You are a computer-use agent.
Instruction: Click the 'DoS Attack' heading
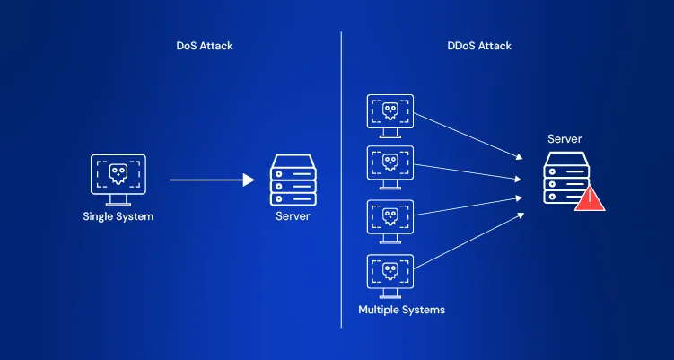[206, 46]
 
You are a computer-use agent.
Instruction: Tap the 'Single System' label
[118, 216]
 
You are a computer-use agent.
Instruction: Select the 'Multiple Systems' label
[401, 310]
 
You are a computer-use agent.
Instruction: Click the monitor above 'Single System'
[118, 175]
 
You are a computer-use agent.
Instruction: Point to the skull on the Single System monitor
[118, 171]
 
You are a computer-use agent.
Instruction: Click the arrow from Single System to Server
[212, 180]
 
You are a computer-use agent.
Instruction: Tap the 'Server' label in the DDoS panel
[565, 139]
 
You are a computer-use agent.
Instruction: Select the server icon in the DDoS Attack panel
[565, 179]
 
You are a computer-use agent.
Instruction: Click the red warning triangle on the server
[590, 198]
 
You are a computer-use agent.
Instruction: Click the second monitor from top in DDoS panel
[390, 165]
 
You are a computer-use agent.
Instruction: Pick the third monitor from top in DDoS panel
[390, 218]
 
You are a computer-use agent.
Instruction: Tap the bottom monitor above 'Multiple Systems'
[390, 272]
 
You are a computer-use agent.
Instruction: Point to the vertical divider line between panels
[341, 180]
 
